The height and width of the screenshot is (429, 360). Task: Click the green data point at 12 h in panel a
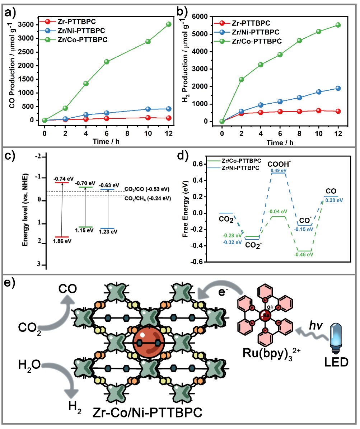tap(169, 24)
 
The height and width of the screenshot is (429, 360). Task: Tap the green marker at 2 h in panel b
tap(241, 79)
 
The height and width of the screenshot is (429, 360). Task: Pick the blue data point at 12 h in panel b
tap(338, 88)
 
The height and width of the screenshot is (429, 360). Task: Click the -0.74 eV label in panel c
tap(61, 179)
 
